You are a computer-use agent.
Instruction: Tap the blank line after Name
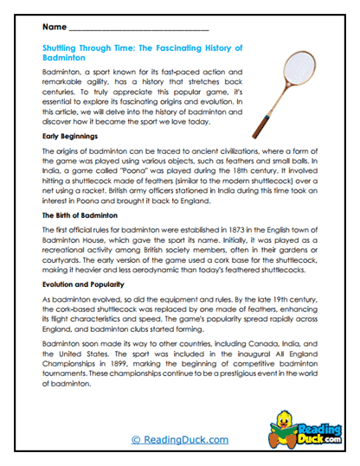138,29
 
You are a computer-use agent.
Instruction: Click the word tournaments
70,370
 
